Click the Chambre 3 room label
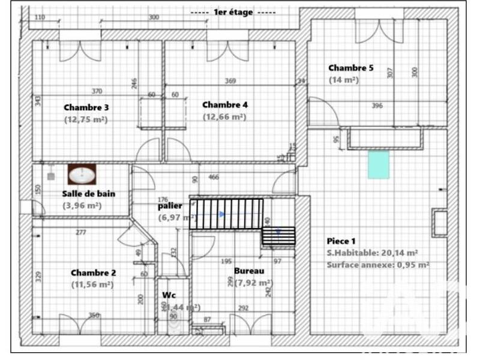[x=86, y=107]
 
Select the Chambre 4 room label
[x=224, y=104]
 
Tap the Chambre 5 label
[x=350, y=68]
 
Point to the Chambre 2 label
[x=93, y=272]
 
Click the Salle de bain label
[x=88, y=194]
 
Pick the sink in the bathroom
[x=82, y=175]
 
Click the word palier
[x=170, y=205]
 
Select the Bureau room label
[x=249, y=271]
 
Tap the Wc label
[x=169, y=295]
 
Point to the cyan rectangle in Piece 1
[x=378, y=164]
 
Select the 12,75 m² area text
[x=86, y=119]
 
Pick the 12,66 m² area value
[x=224, y=117]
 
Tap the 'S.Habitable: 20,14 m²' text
[x=372, y=253]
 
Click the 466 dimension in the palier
[x=213, y=177]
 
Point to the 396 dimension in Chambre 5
[x=377, y=106]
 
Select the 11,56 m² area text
[x=92, y=285]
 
